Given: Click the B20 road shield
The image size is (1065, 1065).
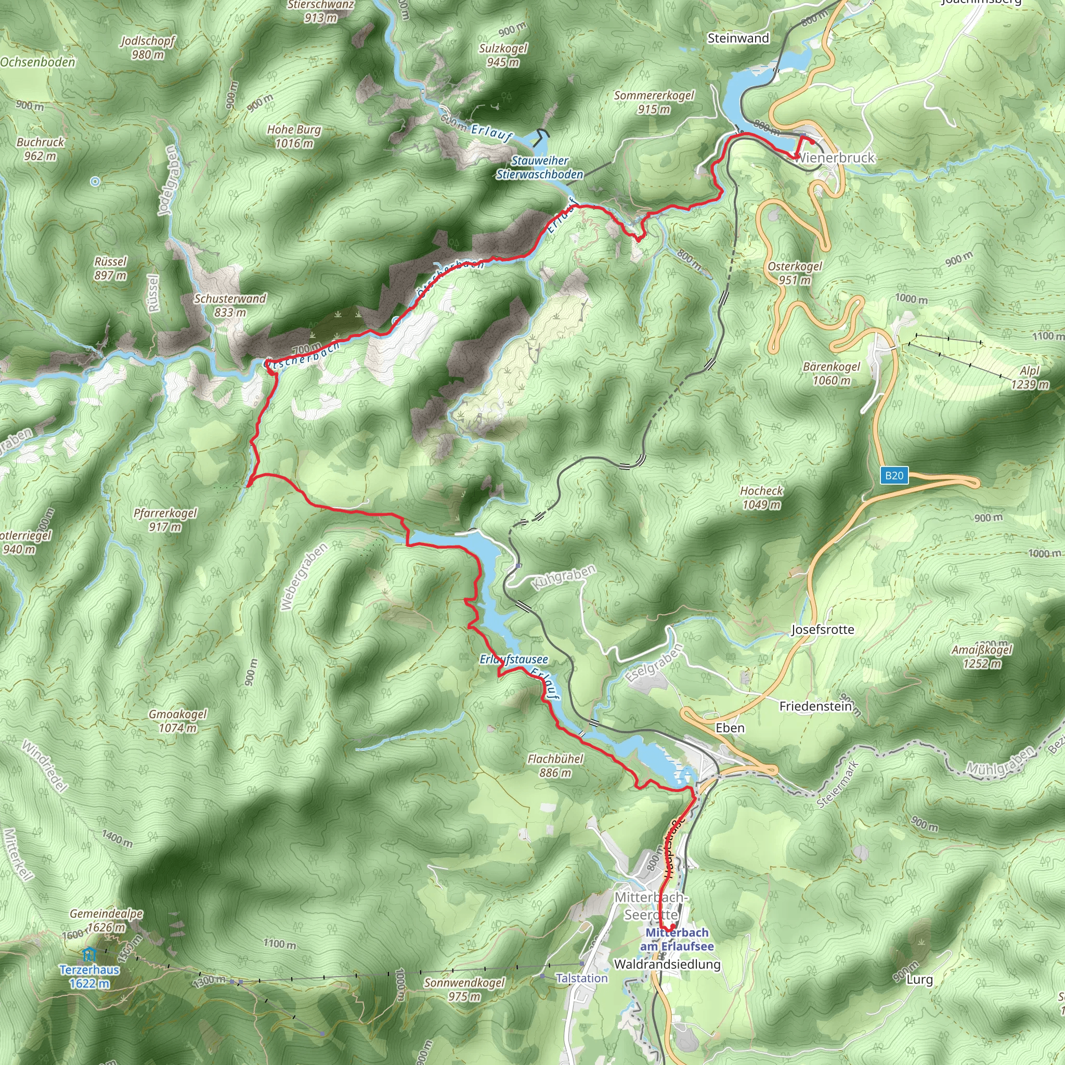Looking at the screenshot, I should pyautogui.click(x=894, y=476).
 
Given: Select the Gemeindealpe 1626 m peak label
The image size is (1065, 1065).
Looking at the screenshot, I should pyautogui.click(x=107, y=920).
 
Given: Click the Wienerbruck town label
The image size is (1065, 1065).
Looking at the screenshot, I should pyautogui.click(x=835, y=158).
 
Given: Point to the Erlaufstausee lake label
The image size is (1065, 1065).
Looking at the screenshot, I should pyautogui.click(x=513, y=659).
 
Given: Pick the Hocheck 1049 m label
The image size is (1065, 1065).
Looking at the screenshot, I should pyautogui.click(x=761, y=497).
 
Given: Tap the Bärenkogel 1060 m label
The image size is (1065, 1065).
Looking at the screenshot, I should pyautogui.click(x=832, y=373).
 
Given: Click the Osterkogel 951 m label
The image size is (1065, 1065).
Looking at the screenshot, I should pyautogui.click(x=795, y=273).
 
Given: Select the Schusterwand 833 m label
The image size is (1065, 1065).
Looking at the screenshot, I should pyautogui.click(x=230, y=305).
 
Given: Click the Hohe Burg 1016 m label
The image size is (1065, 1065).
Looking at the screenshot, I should pyautogui.click(x=294, y=136).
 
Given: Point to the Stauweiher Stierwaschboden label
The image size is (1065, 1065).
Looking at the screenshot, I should pyautogui.click(x=540, y=167).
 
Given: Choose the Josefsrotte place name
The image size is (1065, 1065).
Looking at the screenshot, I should pyautogui.click(x=823, y=630).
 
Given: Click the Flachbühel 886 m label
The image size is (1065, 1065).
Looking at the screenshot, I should pyautogui.click(x=555, y=765).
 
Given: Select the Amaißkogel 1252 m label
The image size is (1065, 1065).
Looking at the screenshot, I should pyautogui.click(x=982, y=657).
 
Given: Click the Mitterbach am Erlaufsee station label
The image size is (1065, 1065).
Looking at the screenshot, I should pyautogui.click(x=677, y=939).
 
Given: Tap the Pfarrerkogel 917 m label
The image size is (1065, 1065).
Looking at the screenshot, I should pyautogui.click(x=165, y=520).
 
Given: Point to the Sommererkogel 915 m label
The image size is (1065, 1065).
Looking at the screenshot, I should pyautogui.click(x=654, y=102).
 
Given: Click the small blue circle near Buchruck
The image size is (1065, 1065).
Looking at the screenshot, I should pyautogui.click(x=95, y=181).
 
